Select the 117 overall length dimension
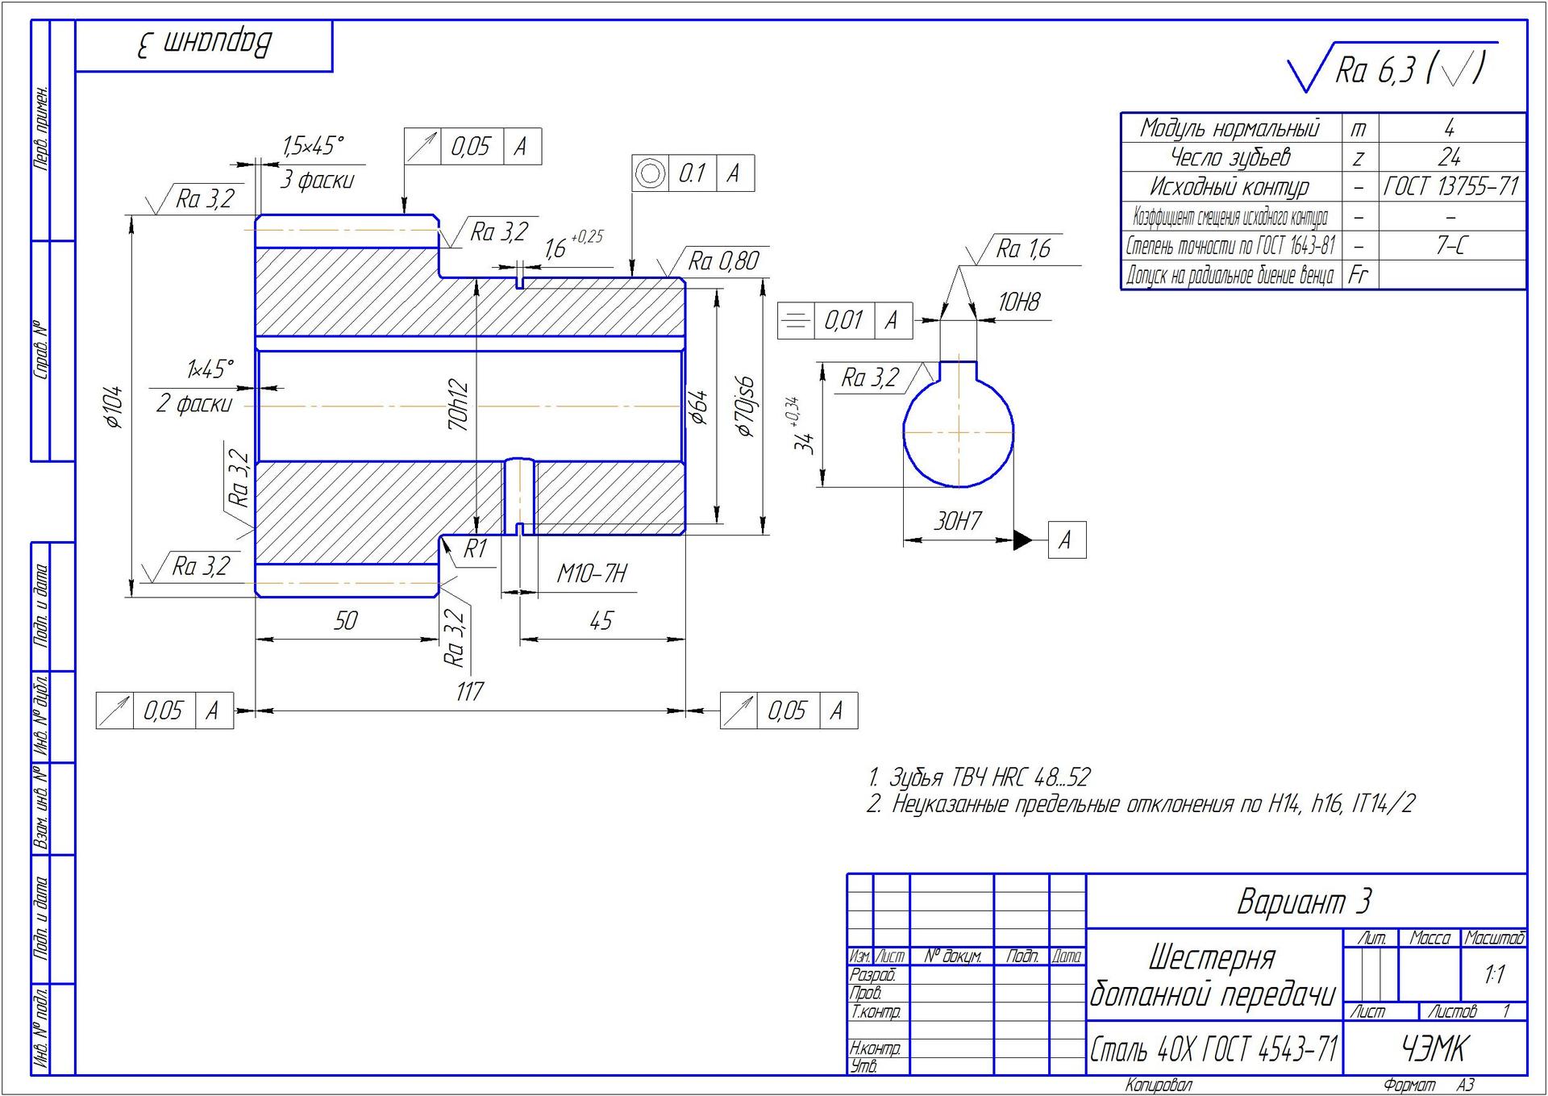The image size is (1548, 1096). (469, 691)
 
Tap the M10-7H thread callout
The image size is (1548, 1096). (591, 573)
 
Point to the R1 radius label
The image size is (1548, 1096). (475, 549)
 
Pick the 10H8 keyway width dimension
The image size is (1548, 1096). (1018, 302)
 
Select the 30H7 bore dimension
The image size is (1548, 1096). (958, 521)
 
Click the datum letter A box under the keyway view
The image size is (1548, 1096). (1066, 540)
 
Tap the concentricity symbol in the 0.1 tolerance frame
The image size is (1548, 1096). (650, 173)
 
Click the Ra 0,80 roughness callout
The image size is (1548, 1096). (722, 261)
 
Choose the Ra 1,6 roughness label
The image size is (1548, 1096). (1022, 248)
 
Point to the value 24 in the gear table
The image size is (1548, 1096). (1450, 156)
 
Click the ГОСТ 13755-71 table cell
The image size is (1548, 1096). (1450, 187)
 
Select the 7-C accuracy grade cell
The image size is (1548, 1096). (1450, 246)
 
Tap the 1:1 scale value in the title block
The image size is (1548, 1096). (1494, 974)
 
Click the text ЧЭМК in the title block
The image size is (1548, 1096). (1434, 1048)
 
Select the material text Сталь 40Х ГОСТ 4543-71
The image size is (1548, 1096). (1213, 1049)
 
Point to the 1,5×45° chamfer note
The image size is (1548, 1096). (313, 146)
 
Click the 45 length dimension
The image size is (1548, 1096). (601, 620)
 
